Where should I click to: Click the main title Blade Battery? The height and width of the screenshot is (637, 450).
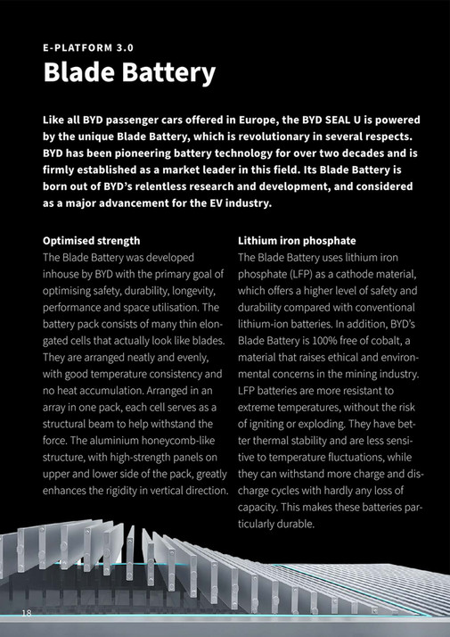(129, 72)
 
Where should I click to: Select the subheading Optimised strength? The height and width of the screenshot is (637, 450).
(91, 241)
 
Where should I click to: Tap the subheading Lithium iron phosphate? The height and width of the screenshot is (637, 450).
(297, 241)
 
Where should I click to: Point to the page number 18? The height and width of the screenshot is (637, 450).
(27, 612)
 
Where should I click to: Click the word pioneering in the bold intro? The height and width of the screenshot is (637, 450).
(136, 153)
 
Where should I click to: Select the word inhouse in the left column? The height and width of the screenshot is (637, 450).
(66, 274)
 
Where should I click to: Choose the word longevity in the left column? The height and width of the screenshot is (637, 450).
(190, 291)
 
